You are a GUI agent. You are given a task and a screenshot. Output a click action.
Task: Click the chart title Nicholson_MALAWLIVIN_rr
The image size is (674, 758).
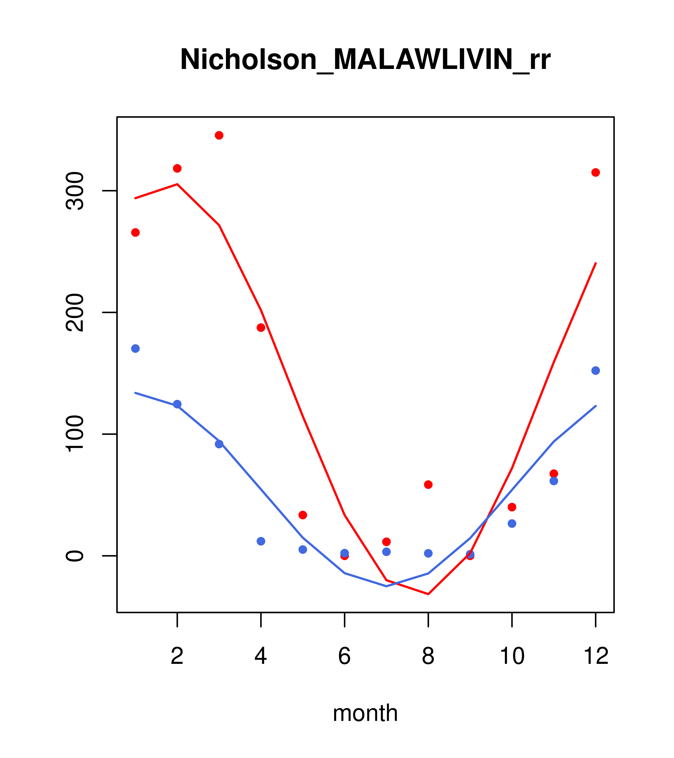(365, 60)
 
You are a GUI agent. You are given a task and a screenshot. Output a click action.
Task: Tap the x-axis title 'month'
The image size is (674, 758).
(365, 713)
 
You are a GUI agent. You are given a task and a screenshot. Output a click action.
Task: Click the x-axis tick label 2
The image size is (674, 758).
(177, 656)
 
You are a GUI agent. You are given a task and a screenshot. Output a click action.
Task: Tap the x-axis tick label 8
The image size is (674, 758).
(428, 656)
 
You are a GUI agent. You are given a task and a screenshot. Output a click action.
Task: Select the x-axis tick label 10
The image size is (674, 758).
(512, 656)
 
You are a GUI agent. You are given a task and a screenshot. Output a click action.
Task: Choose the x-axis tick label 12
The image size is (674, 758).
(596, 656)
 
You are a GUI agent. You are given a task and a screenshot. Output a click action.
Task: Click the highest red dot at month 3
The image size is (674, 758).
(219, 135)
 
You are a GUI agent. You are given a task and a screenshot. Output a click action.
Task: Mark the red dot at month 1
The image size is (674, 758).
(135, 233)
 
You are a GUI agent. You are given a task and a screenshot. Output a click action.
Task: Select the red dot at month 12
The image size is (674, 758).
(596, 172)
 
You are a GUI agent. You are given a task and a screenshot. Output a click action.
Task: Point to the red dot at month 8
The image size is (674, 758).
(428, 485)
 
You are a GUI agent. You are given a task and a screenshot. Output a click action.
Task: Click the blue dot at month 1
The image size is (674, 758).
(135, 349)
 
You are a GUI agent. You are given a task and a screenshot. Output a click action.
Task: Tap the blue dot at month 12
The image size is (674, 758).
(596, 370)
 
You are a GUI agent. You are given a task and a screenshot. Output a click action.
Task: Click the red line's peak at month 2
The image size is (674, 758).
(177, 184)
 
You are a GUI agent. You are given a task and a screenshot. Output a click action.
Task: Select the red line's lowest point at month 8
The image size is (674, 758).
(428, 594)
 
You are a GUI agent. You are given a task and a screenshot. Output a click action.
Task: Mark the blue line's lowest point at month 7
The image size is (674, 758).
(386, 586)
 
